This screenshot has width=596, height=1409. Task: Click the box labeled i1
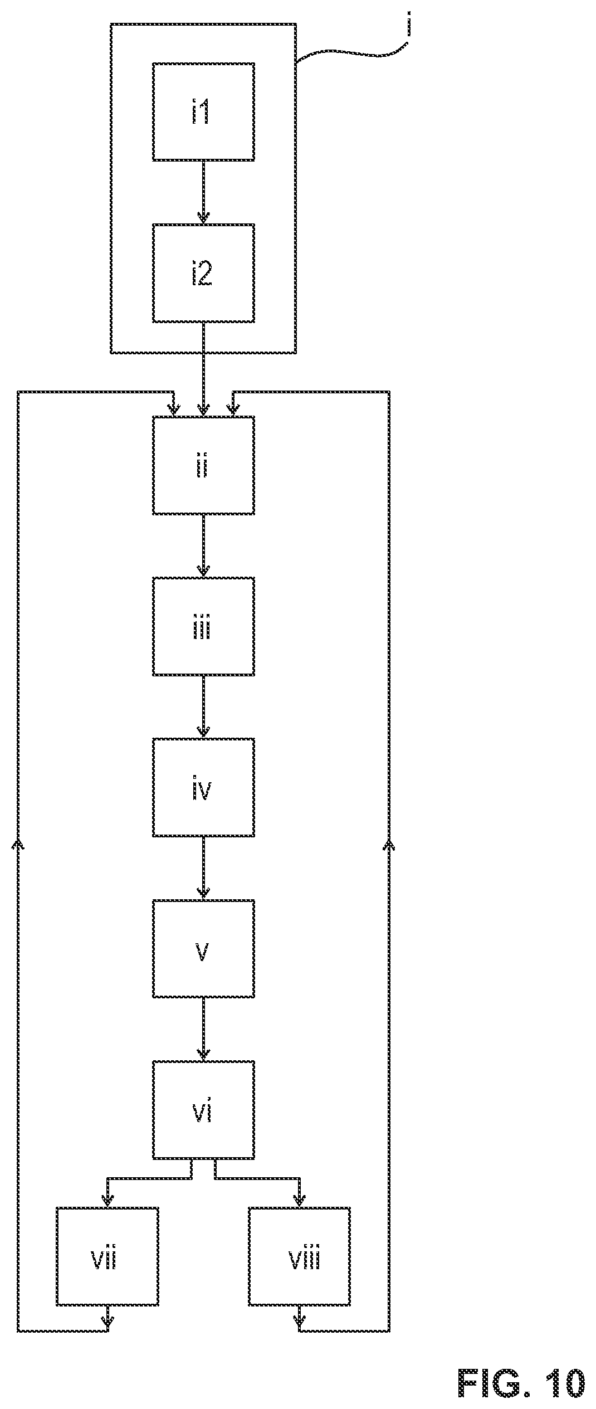203,111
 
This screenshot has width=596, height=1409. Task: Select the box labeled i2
203,273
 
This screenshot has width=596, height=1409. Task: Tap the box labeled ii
203,465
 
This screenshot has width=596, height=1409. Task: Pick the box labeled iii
203,626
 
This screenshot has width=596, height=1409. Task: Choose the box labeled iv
203,787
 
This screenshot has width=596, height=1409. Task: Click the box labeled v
203,948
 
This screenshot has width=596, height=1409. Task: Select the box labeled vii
107,1256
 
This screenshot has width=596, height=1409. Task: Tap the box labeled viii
299,1256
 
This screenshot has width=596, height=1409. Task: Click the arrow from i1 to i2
203,192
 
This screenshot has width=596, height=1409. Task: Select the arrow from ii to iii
203,546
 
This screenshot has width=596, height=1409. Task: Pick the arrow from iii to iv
203,707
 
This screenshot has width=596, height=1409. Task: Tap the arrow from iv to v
203,868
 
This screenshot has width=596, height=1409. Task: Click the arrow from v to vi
203,1029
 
